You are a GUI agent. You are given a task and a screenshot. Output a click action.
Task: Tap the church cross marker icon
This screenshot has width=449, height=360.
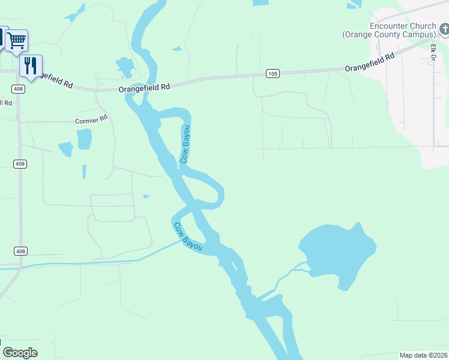tap(445, 28)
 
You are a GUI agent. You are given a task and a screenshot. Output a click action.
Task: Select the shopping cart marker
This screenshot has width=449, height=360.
tap(17, 41)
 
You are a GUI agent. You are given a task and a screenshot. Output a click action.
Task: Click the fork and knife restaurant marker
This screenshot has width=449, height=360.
tap(31, 65)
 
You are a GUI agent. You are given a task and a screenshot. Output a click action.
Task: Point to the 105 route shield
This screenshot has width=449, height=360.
tap(273, 73)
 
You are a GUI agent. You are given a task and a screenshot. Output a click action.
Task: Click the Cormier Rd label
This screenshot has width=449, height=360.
tap(91, 118)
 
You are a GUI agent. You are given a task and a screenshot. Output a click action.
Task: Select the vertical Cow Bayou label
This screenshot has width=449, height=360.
tap(185, 144)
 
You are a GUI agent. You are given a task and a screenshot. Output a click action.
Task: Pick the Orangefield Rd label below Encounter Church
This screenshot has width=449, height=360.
tap(370, 62)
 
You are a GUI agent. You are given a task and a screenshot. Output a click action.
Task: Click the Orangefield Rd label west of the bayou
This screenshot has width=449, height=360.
tap(144, 87)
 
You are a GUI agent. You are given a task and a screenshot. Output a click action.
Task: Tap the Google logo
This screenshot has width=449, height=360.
tap(20, 353)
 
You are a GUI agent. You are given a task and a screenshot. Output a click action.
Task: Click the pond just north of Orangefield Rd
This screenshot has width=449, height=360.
tap(125, 67)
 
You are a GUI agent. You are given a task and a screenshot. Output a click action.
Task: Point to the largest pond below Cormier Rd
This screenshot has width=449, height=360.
tap(85, 139)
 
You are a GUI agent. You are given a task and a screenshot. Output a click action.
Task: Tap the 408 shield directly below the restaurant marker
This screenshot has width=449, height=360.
tap(19, 89)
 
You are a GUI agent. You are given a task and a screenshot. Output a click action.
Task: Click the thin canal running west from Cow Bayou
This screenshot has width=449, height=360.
tap(90, 262)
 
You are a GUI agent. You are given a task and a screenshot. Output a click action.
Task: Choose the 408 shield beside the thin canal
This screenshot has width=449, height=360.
tap(20, 251)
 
